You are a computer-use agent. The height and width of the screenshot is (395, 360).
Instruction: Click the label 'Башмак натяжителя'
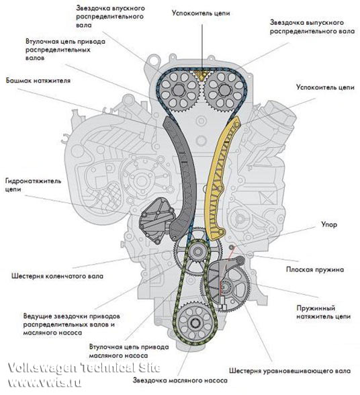coord(38,81)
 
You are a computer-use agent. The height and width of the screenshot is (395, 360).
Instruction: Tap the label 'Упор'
coord(329,224)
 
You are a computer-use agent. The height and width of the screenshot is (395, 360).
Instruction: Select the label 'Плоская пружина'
coord(314,269)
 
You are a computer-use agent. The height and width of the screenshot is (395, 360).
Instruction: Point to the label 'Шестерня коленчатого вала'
coord(57,276)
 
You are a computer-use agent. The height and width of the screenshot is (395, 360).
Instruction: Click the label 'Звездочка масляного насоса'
coord(180,380)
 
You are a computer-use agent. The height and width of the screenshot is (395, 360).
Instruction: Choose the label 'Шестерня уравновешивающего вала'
coord(289,371)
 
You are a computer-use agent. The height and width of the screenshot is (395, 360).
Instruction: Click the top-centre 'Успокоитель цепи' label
coord(201,13)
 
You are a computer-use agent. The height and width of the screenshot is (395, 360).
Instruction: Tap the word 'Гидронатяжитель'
coord(33,181)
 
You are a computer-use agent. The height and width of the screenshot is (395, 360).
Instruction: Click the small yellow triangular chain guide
coord(201,75)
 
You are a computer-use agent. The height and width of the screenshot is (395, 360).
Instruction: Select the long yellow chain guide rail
coord(219,176)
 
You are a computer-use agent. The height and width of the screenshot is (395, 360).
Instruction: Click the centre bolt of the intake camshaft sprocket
coord(179,90)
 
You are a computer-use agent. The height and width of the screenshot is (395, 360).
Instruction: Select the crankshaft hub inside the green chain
coord(197,251)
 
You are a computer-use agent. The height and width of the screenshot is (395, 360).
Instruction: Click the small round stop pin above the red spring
coord(232,247)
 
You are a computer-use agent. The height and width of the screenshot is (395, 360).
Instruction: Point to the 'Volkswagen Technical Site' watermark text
coord(84,368)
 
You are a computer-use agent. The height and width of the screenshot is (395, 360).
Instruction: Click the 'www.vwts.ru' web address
coord(44,383)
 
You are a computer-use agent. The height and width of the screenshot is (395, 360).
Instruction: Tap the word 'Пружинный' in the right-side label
coord(316,308)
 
